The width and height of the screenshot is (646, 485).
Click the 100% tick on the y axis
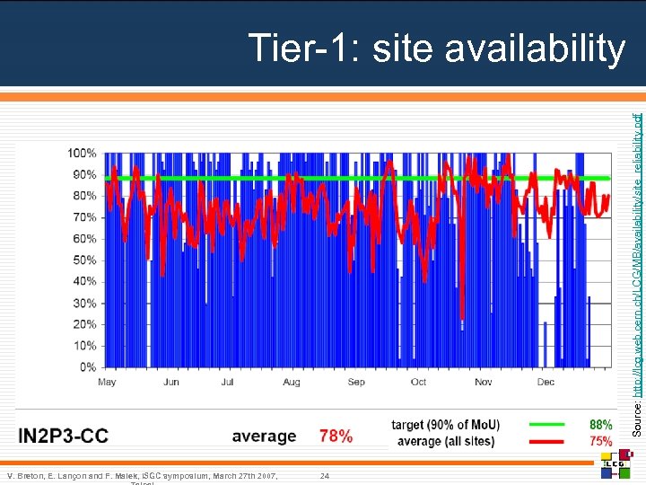pos(83,153)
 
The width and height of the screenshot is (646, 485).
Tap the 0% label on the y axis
pos(88,367)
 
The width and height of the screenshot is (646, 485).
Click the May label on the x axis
pos(107,383)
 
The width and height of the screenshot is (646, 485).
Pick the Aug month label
pos(291,383)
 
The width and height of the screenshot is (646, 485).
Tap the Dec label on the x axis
pos(546,383)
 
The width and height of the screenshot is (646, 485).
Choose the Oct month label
pos(419,383)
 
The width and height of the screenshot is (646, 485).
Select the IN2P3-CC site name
pos(64,437)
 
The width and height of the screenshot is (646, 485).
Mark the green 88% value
pos(600,424)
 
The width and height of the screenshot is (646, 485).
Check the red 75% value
pos(600,441)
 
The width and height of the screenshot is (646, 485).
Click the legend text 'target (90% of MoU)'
pos(446,424)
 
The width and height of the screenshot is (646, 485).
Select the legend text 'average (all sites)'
pos(446,441)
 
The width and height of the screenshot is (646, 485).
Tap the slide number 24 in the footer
pos(326,475)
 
